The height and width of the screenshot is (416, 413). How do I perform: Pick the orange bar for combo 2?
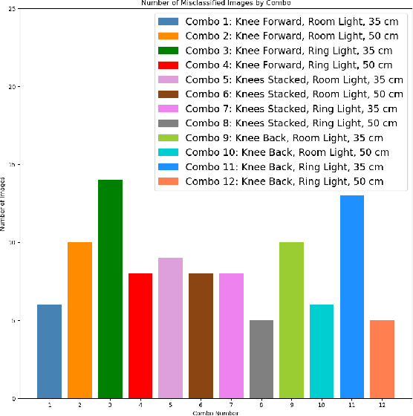click(79, 319)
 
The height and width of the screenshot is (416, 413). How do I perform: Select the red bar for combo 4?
click(140, 335)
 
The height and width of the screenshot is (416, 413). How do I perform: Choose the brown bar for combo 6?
click(201, 335)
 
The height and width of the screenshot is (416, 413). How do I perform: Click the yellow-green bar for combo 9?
click(292, 319)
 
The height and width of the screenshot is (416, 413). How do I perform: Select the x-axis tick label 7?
click(231, 405)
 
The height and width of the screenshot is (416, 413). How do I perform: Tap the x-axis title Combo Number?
click(215, 412)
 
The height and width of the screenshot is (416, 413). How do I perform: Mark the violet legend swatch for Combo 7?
click(168, 108)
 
